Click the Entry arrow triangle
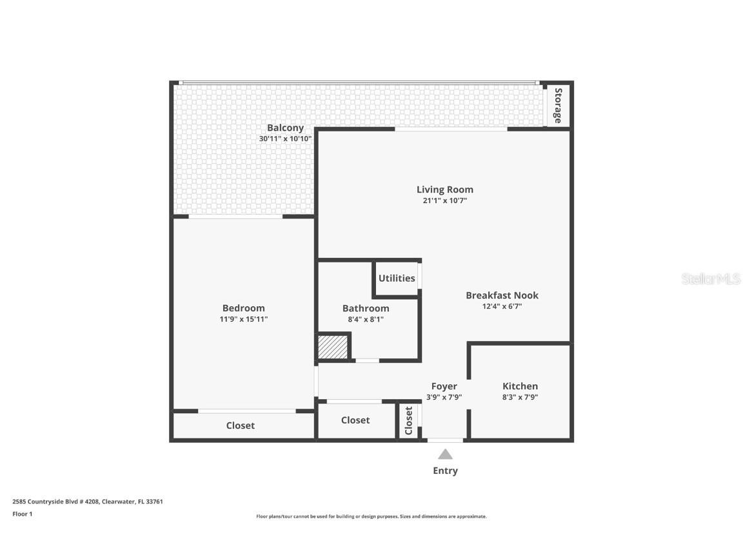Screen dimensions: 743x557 (x=445, y=454)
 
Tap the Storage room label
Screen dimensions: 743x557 (x=558, y=106)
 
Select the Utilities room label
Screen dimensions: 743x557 (x=397, y=278)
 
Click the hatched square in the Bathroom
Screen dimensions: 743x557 (x=333, y=347)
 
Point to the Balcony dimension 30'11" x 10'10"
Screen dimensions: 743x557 (x=285, y=139)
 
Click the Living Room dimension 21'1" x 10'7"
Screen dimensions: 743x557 (x=445, y=200)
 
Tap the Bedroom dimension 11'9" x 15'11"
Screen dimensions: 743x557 (x=244, y=319)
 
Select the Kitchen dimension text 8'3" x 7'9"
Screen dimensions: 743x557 (x=520, y=397)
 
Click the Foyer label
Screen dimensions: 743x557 (x=444, y=386)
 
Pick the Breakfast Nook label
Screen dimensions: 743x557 (x=502, y=295)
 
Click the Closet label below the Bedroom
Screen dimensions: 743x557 (x=240, y=425)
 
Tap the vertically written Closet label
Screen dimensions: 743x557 (x=408, y=420)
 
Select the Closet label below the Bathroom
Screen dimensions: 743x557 (x=355, y=420)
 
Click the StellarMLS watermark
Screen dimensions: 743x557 (x=711, y=279)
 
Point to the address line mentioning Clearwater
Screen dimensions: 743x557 (x=88, y=502)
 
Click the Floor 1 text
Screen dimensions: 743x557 (x=23, y=514)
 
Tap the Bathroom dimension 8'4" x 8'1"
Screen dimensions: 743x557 (x=366, y=319)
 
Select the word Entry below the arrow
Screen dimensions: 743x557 (x=446, y=471)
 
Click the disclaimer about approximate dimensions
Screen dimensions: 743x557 (x=371, y=516)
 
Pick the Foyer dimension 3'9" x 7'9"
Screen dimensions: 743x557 (x=444, y=397)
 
